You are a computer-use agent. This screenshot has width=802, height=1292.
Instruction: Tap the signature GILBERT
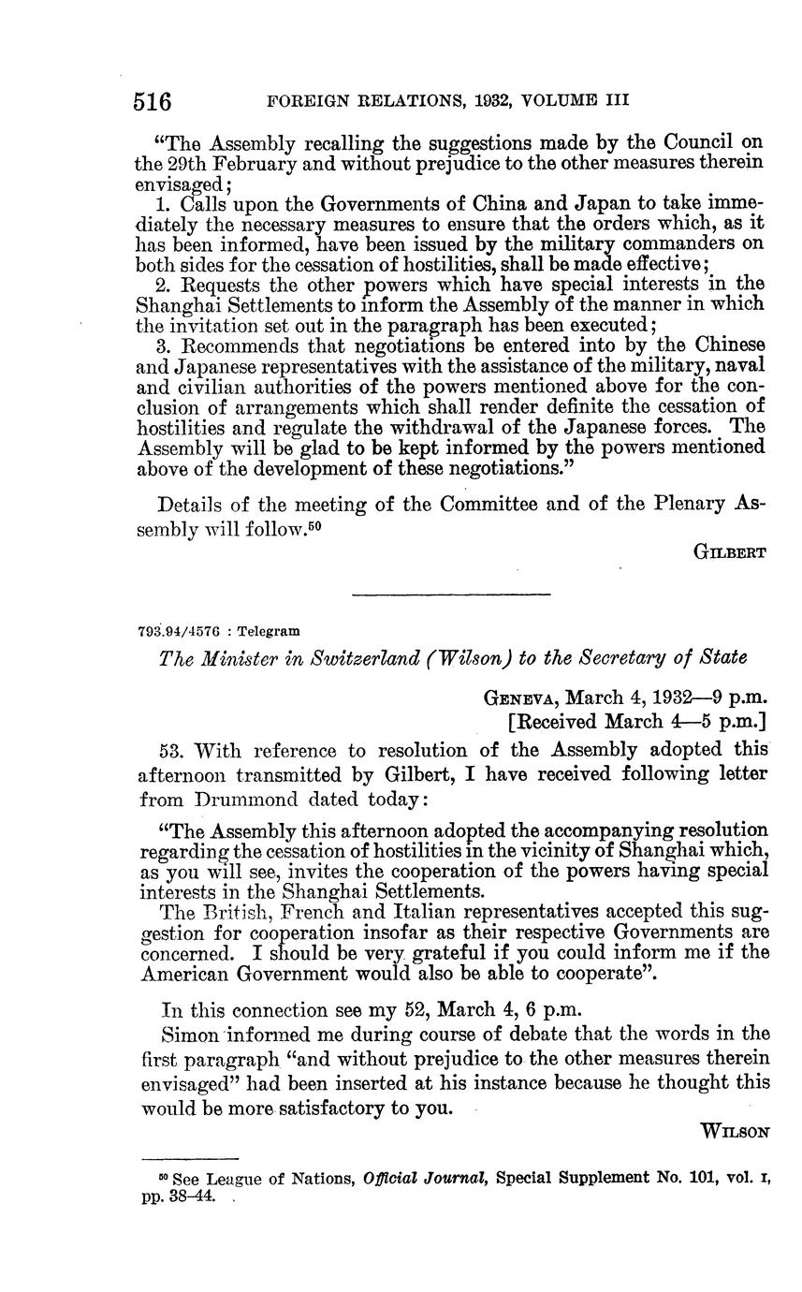pyautogui.click(x=730, y=552)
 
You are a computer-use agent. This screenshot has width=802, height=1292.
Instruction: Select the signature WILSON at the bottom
pyautogui.click(x=736, y=1132)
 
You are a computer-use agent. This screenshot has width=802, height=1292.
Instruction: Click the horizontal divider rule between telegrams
pyautogui.click(x=451, y=594)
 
